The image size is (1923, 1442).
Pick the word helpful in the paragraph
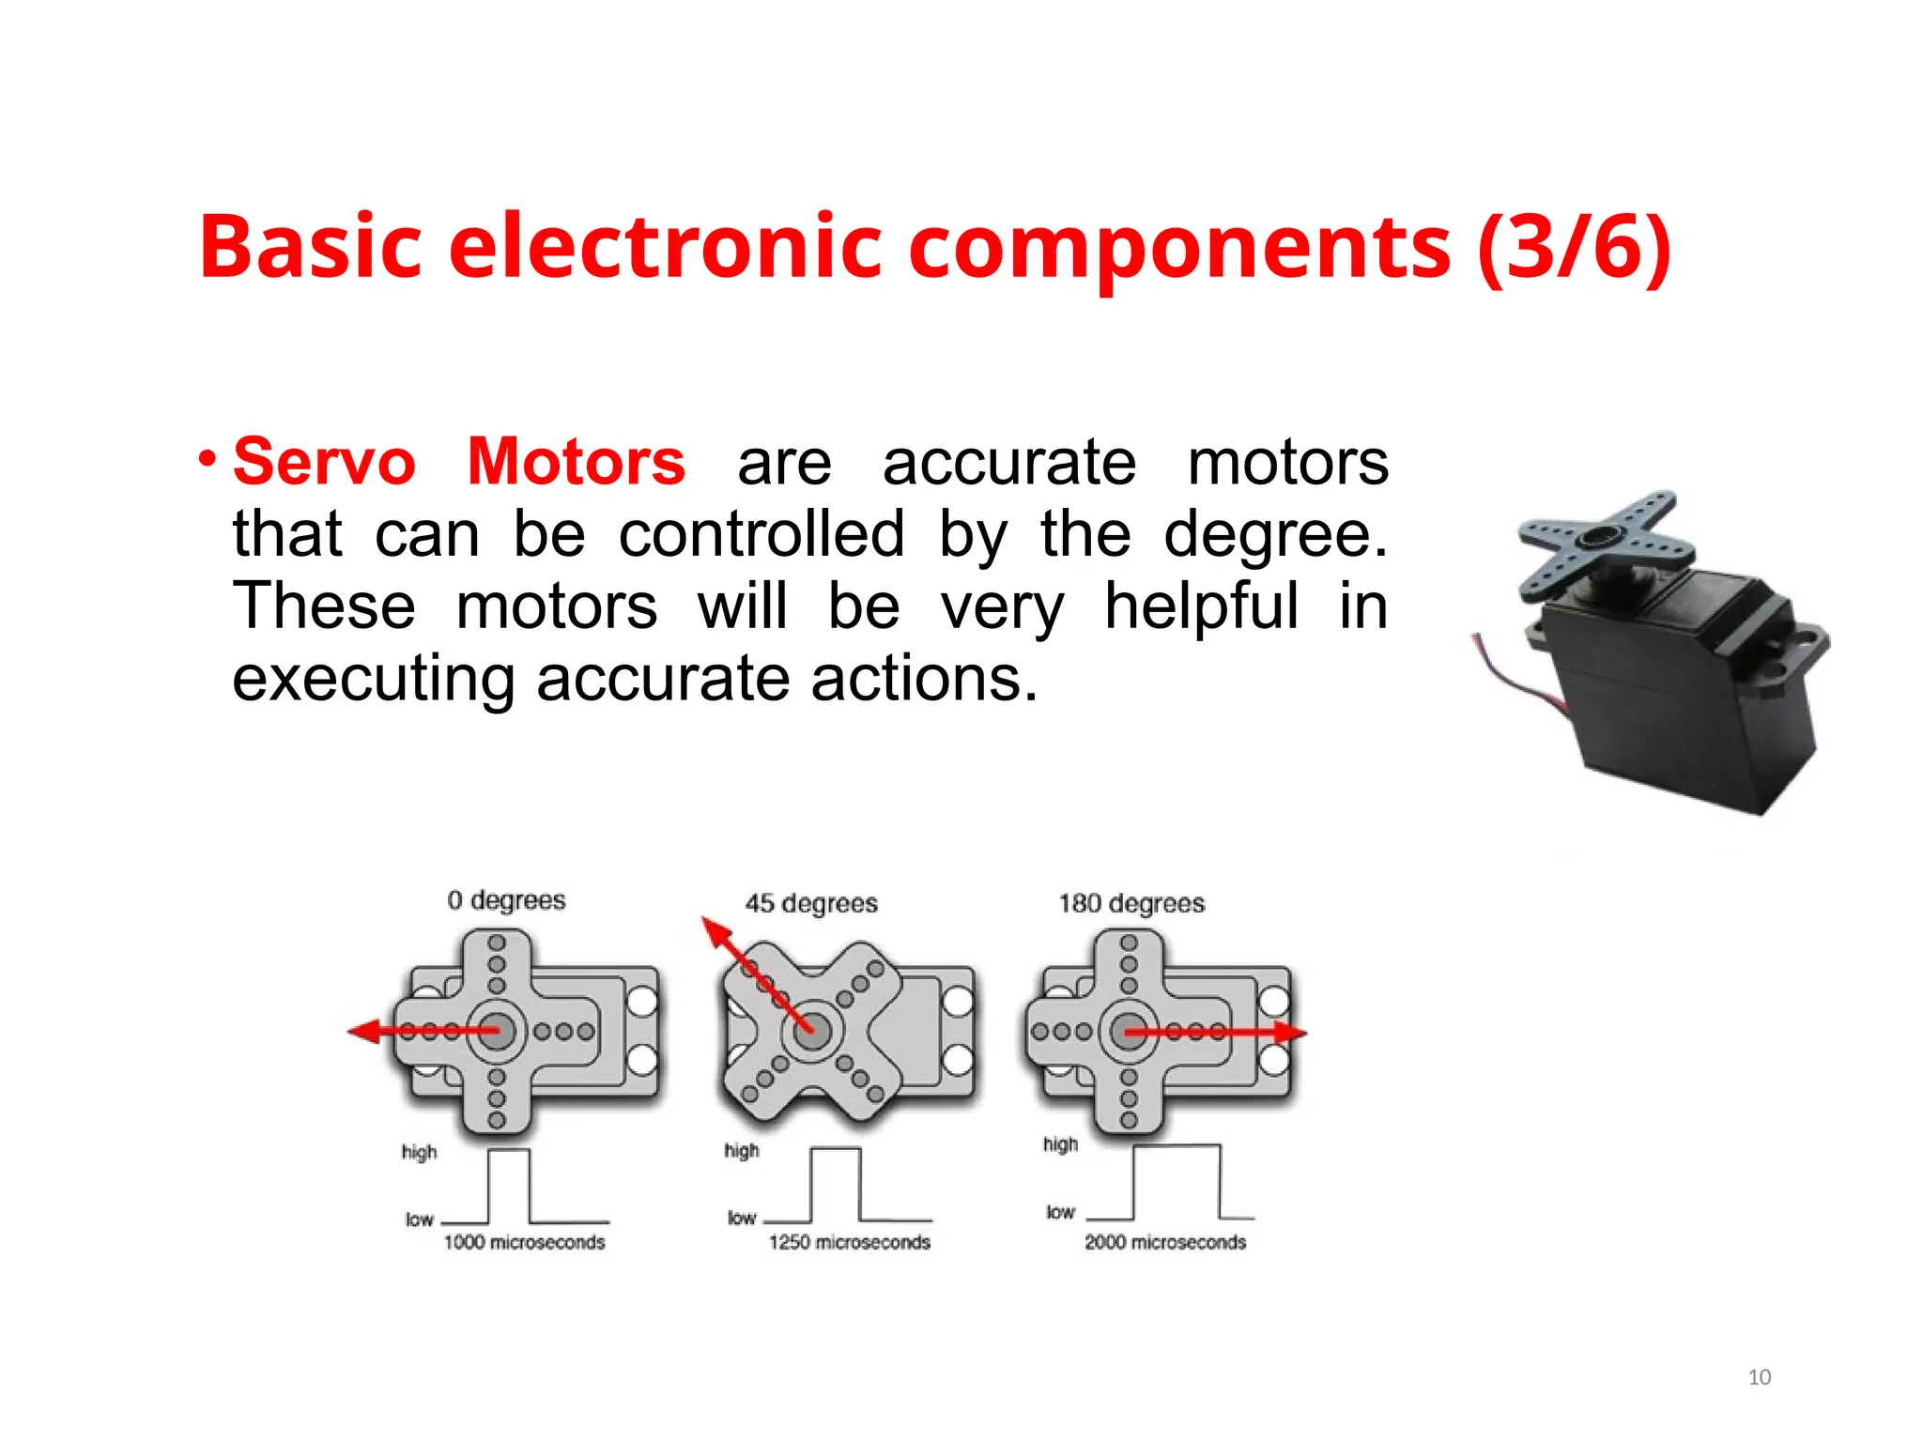(x=1201, y=606)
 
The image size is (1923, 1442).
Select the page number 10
(x=1759, y=1377)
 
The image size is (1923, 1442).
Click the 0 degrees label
(x=506, y=900)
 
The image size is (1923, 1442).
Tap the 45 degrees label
(x=811, y=903)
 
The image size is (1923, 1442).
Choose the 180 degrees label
(x=1131, y=903)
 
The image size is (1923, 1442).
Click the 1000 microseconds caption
(x=524, y=1242)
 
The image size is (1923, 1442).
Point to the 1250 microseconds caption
(x=849, y=1242)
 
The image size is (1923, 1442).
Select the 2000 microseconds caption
(x=1165, y=1242)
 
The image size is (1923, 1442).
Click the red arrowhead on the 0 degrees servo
(x=362, y=1032)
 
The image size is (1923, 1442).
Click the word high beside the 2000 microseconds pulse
(x=1060, y=1144)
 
